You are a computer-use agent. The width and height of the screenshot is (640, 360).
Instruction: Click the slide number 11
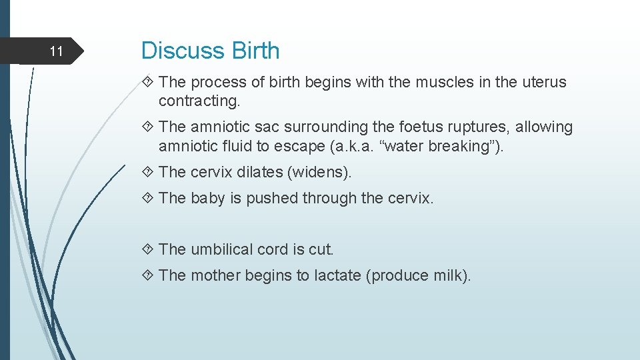(57, 51)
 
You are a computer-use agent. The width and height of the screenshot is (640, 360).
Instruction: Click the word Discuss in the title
(184, 51)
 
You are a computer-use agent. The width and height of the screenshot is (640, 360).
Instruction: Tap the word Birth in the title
(255, 51)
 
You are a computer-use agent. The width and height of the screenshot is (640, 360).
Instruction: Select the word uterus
(543, 83)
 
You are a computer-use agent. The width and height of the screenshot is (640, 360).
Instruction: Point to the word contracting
(199, 101)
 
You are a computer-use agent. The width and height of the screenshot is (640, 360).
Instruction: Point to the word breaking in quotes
(458, 146)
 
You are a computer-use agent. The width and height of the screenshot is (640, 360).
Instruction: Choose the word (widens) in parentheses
(319, 172)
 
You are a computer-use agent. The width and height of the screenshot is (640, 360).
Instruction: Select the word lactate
(337, 275)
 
